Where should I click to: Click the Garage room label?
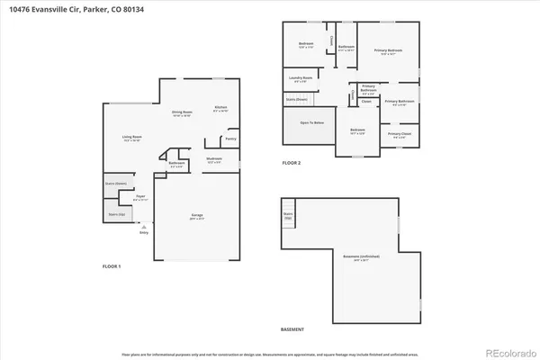click(x=196, y=216)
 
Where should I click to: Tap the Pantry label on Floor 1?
click(x=231, y=139)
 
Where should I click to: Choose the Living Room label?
click(x=132, y=137)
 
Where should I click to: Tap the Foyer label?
click(x=140, y=195)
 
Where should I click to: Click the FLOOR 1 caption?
click(x=112, y=266)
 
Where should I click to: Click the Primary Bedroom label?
click(x=388, y=50)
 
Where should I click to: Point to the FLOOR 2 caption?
click(x=292, y=163)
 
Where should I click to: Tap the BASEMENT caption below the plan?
click(x=292, y=329)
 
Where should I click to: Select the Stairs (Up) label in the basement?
click(x=289, y=217)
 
